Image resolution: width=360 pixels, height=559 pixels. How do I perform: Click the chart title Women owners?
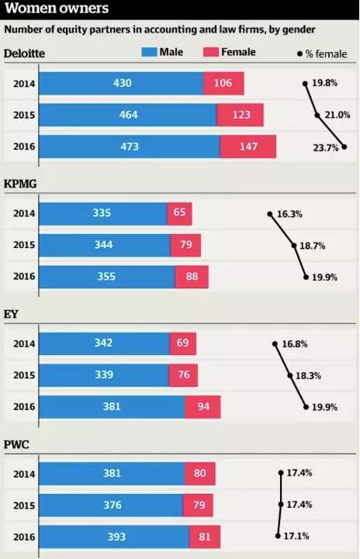click(56, 9)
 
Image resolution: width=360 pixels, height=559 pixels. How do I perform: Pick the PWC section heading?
click(19, 444)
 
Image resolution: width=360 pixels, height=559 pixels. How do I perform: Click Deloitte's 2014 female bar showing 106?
click(223, 84)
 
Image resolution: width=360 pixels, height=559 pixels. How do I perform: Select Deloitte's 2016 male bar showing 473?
click(130, 147)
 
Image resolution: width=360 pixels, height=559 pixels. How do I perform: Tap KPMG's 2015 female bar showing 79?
click(185, 246)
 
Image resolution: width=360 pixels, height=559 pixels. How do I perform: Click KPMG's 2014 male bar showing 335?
click(102, 214)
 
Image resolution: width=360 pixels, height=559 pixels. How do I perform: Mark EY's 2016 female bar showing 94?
click(202, 407)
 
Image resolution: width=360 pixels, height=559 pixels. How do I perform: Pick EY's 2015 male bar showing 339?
click(103, 376)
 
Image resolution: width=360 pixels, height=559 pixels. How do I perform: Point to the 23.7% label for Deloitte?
click(326, 147)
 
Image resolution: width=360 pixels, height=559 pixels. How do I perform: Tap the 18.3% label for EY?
click(310, 375)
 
